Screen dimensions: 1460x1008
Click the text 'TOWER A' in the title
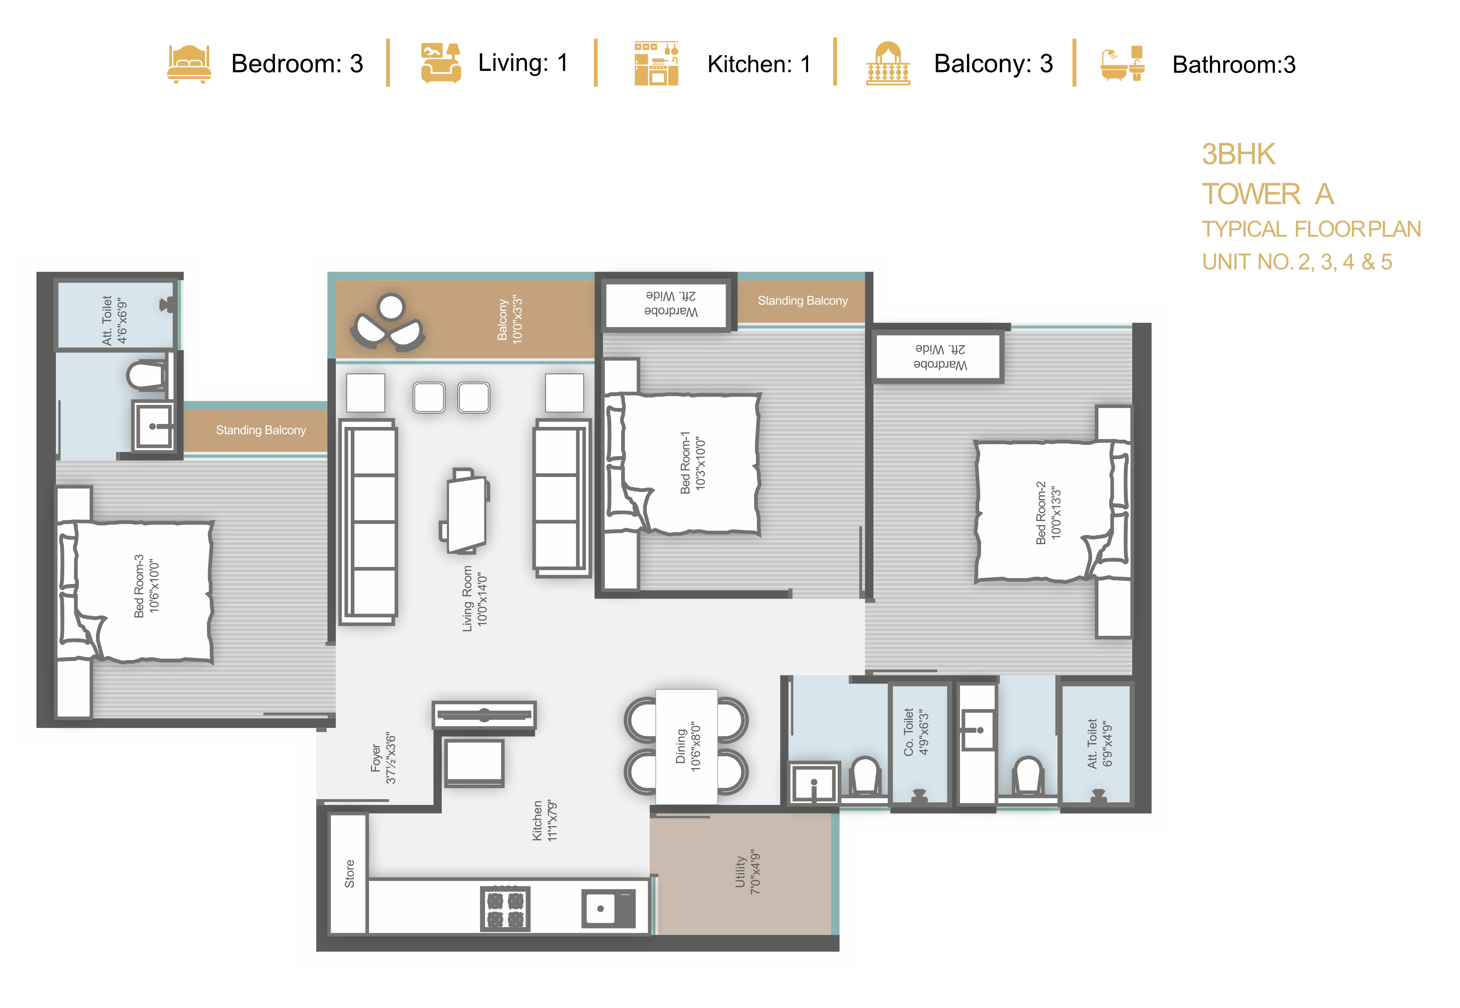click(x=1268, y=194)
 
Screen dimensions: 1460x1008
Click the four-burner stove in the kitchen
click(x=505, y=908)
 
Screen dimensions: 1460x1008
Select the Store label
click(x=349, y=874)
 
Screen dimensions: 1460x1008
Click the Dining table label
click(x=687, y=746)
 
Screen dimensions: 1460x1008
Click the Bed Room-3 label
click(x=146, y=586)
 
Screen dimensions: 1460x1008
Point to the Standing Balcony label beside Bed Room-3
click(x=261, y=430)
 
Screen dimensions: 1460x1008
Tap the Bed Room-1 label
click(x=692, y=463)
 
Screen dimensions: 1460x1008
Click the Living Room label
click(x=474, y=598)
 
